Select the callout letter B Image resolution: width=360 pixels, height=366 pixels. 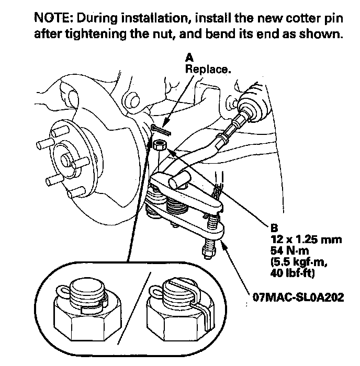272,228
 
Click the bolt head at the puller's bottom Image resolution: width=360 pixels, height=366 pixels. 207,253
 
